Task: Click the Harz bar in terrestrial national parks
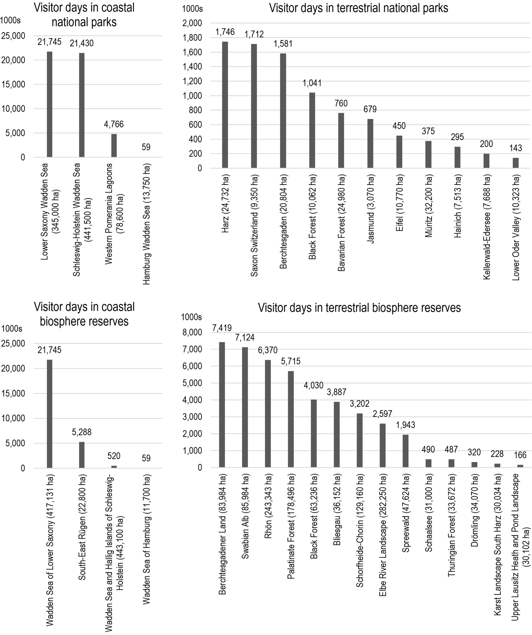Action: (225, 105)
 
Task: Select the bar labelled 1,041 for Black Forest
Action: (312, 130)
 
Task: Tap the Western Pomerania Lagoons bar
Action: (114, 146)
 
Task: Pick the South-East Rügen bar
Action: (82, 455)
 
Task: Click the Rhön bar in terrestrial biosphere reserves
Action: (268, 414)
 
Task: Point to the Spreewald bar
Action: (406, 451)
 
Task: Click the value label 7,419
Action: (222, 328)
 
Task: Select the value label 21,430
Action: (82, 43)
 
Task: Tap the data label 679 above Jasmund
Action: (370, 109)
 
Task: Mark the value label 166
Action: (520, 455)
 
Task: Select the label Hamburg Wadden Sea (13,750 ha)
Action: (146, 224)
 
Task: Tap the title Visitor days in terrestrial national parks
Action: (359, 8)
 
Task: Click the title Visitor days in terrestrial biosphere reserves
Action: (359, 308)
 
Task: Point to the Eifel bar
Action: (399, 152)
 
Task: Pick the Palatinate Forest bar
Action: (291, 419)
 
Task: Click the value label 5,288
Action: (82, 432)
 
